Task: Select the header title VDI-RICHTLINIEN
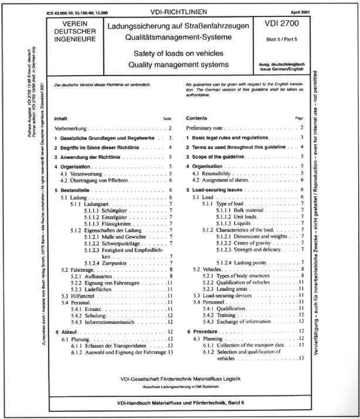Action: click(179, 11)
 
